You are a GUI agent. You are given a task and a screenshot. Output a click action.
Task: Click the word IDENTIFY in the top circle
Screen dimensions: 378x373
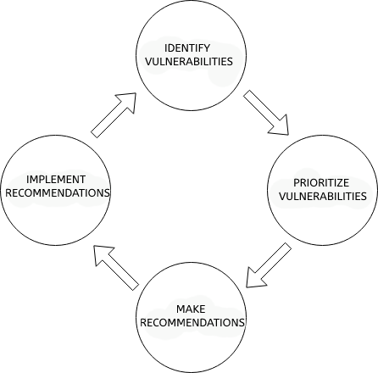pos(187,48)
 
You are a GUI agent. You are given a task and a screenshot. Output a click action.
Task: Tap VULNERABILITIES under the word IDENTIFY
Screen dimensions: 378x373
pos(189,61)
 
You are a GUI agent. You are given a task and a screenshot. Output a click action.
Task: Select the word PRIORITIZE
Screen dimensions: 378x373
pos(321,183)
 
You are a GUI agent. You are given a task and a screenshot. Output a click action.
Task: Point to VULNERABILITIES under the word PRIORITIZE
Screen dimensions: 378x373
pos(323,196)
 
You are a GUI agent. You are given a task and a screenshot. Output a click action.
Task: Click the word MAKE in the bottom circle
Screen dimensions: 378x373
pos(191,309)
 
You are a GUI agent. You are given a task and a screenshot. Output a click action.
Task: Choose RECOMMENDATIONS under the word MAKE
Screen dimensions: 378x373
pos(192,322)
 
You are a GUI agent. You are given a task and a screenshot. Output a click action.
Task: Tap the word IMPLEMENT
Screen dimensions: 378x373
pos(56,180)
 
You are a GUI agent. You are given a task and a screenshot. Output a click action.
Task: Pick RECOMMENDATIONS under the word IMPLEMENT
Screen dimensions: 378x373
pos(58,192)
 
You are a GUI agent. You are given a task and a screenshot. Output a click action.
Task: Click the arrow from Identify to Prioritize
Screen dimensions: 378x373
pos(266,113)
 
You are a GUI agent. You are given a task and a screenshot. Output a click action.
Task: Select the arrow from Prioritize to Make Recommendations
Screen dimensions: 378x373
pos(269,265)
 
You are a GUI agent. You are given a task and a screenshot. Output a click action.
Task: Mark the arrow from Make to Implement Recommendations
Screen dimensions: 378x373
pos(116,268)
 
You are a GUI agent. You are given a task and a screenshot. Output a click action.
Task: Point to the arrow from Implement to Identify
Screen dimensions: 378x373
pos(114,115)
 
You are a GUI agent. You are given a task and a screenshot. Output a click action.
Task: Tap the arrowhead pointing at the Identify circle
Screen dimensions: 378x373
pos(128,101)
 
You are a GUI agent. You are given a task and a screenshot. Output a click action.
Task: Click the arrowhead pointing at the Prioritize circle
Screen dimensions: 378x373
pos(281,127)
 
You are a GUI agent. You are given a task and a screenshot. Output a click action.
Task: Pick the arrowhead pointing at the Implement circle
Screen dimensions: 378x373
pos(102,253)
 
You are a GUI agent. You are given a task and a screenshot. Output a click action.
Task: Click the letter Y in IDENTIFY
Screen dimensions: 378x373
pos(207,48)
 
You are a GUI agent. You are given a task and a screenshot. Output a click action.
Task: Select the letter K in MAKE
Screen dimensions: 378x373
pos(195,309)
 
